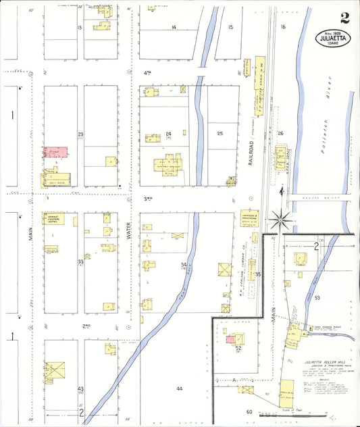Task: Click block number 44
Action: tap(179, 388)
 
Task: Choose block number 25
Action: tap(220, 134)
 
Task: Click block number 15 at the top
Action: tap(230, 27)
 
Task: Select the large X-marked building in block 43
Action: tap(54, 370)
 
